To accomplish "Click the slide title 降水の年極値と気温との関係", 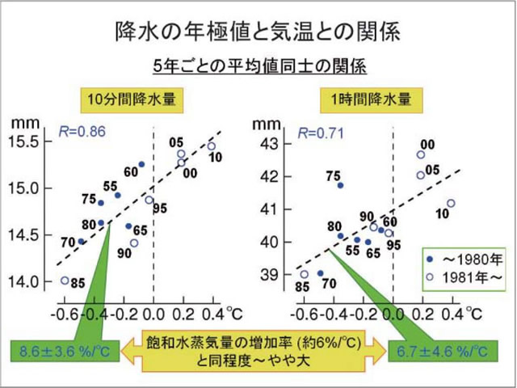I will coord(258,33).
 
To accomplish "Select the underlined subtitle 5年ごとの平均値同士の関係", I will coord(258,65).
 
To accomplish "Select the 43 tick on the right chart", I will coord(272,143).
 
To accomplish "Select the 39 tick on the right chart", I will coord(272,275).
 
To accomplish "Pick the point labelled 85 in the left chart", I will coord(65,280).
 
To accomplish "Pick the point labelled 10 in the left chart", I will coord(212,146).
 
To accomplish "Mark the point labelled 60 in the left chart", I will coord(141,164).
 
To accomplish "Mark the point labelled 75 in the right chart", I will coord(340,185).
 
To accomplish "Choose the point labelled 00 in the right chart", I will coord(421,154).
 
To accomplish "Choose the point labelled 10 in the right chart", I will coord(451,203).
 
